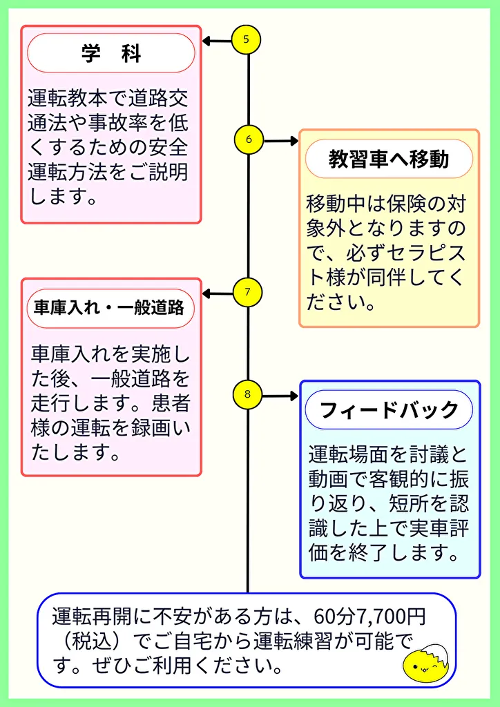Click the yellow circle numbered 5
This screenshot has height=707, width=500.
(x=247, y=39)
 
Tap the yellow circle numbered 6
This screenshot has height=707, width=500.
(x=249, y=139)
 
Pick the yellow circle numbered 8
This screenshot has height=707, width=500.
(x=247, y=396)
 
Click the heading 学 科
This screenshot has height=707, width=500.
(x=111, y=53)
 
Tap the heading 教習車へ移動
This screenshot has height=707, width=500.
(x=389, y=159)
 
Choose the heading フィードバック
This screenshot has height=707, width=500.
(x=389, y=409)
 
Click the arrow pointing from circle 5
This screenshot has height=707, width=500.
(x=217, y=41)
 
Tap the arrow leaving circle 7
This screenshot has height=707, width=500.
(x=217, y=294)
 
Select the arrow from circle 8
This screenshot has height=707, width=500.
(x=280, y=396)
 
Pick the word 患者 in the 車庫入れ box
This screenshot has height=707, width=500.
(x=173, y=402)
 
